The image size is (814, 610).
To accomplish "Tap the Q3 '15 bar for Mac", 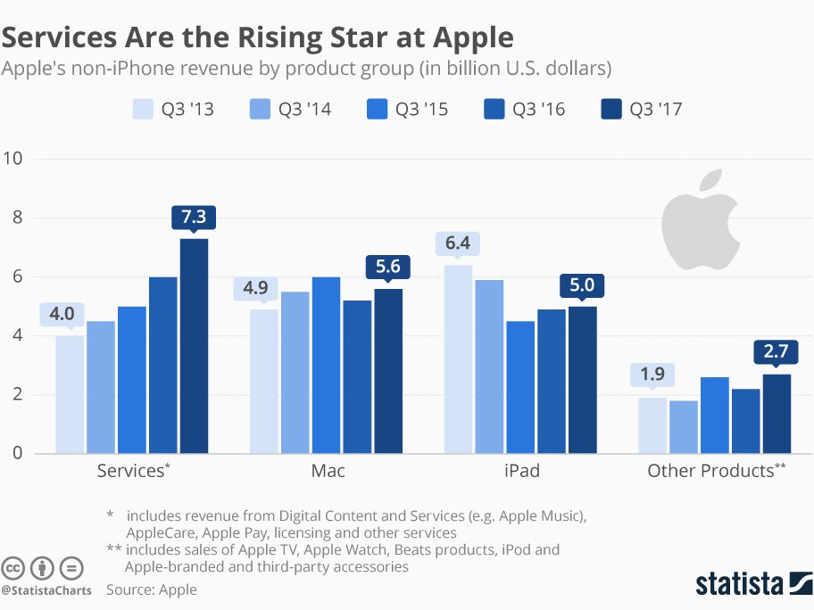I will click(x=326, y=366).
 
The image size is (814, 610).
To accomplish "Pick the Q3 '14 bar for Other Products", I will click(x=684, y=427).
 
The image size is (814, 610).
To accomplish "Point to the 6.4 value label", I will click(x=458, y=244).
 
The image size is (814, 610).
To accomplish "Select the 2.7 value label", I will click(x=776, y=353).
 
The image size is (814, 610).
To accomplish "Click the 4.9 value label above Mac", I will click(x=264, y=289).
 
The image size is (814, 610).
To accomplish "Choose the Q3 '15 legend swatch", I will click(x=378, y=110).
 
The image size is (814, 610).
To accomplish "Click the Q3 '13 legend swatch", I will click(x=144, y=110).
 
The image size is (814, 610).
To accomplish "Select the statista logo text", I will click(x=741, y=584).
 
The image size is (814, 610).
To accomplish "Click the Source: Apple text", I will click(x=152, y=589).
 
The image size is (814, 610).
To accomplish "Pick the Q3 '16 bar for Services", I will click(x=162, y=366).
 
